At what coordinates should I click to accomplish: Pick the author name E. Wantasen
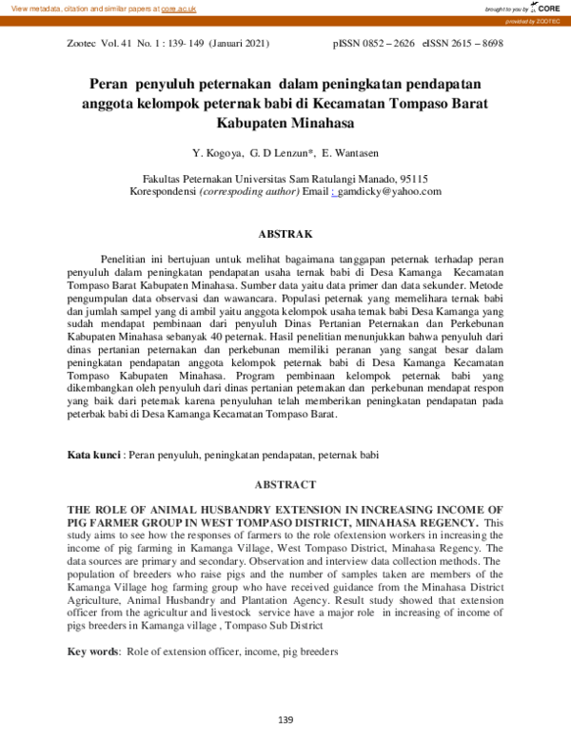[x=355, y=152]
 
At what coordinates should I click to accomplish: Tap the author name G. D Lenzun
[x=281, y=152]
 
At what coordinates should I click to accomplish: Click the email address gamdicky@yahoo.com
[x=390, y=191]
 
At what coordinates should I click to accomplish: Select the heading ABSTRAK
[x=285, y=233]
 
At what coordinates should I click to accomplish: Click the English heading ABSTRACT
[x=285, y=483]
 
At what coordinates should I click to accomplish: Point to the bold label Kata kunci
[x=93, y=456]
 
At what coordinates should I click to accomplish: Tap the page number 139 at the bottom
[x=285, y=719]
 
